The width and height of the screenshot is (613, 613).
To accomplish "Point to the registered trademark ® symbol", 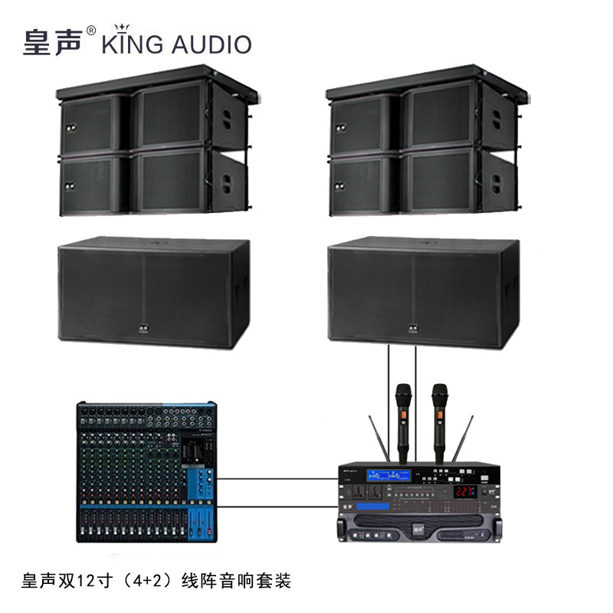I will coord(91,31).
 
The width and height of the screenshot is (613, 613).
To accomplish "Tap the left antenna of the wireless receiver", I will coord(377,441).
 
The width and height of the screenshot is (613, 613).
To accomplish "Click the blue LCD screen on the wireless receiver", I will coord(395,474).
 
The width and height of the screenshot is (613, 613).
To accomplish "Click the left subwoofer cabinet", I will coord(154,293).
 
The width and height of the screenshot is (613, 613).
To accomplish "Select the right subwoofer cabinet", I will coord(423,293).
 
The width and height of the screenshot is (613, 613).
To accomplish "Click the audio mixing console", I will coord(146,472).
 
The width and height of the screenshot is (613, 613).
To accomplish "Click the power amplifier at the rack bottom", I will coord(417,528).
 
